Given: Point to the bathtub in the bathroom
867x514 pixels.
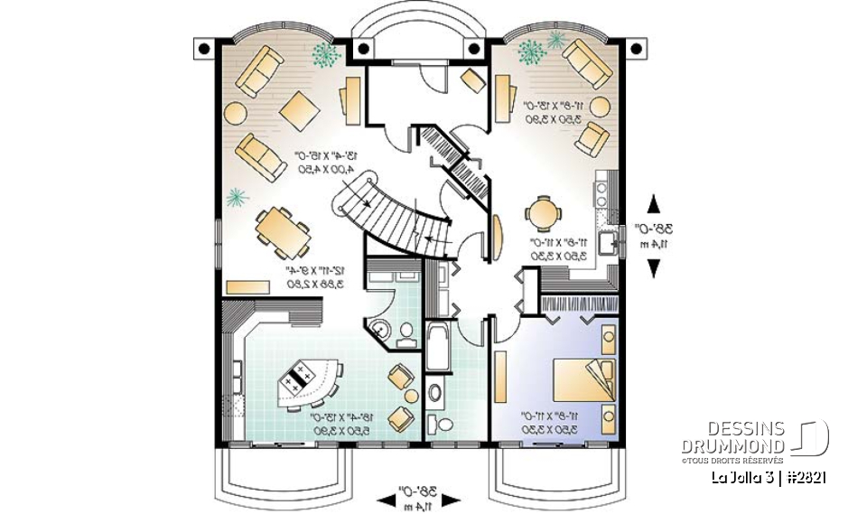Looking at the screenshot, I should pos(438,345).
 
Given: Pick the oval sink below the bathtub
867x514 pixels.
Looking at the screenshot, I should pos(435,393).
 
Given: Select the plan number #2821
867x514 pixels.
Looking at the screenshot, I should pos(806,476).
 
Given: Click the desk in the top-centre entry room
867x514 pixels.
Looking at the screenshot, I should pos(473,79).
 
